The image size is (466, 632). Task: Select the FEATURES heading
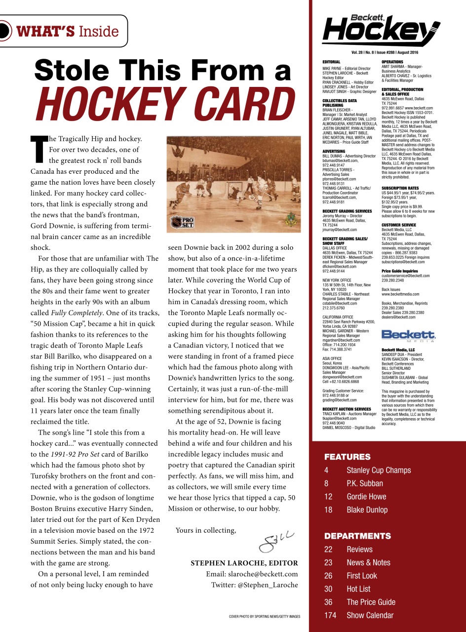(347, 457)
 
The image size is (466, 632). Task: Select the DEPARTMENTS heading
(357, 536)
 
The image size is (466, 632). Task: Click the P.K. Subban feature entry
(364, 483)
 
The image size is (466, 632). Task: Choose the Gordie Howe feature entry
(366, 497)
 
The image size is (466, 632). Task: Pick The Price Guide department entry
(371, 602)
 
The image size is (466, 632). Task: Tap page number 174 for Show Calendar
(330, 615)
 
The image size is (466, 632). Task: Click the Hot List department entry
(358, 589)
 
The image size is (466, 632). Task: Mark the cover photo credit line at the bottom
(264, 616)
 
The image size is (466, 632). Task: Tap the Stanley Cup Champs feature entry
(378, 470)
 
